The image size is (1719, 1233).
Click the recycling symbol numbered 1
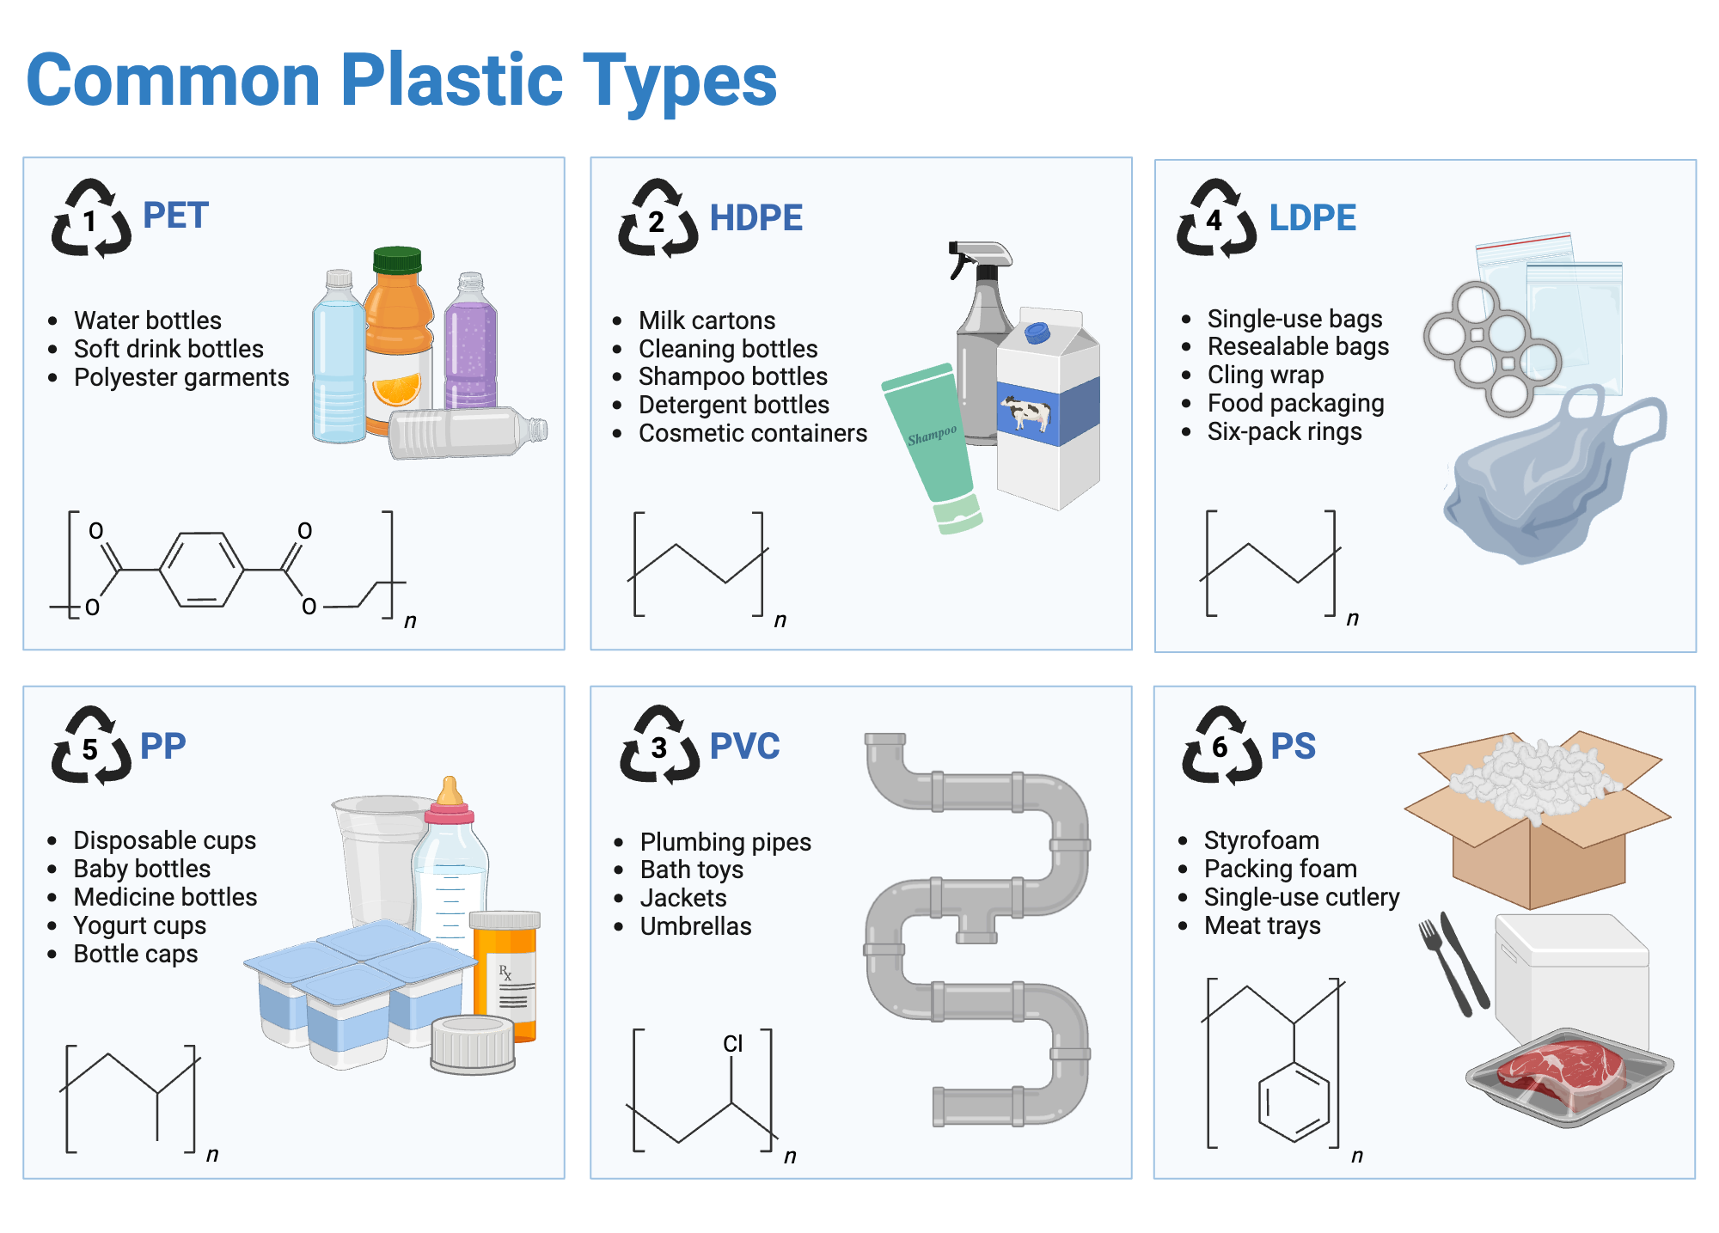click(91, 219)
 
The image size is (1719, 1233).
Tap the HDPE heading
click(756, 218)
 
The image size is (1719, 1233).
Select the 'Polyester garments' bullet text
click(181, 377)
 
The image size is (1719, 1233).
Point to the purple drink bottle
click(471, 344)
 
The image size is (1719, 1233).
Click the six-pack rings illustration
click(1491, 348)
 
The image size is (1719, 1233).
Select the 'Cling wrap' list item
click(1265, 375)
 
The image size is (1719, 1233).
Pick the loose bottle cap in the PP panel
click(473, 1043)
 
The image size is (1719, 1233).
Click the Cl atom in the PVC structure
click(732, 1043)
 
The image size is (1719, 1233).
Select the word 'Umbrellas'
click(695, 926)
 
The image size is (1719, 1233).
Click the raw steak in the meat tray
click(1560, 1070)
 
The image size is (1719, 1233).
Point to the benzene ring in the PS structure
click(1294, 1102)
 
